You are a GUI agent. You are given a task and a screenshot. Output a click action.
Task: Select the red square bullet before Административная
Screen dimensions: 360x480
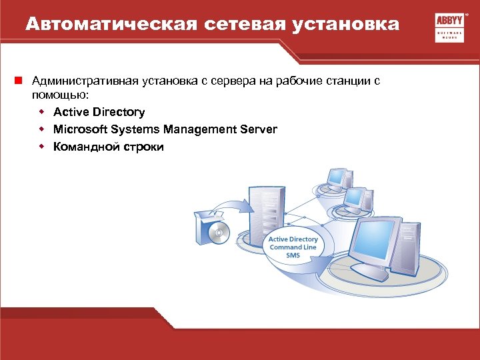click(21, 81)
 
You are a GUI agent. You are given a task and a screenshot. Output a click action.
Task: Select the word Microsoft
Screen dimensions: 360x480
click(79, 129)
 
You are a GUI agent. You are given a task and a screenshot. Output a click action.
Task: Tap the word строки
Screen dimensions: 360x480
click(143, 147)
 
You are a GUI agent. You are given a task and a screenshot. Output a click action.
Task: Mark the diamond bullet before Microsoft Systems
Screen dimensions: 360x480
click(41, 129)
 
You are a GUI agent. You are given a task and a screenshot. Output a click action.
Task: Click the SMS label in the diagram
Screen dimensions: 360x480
click(293, 255)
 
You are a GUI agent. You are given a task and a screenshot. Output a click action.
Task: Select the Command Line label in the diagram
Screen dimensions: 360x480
click(293, 247)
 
